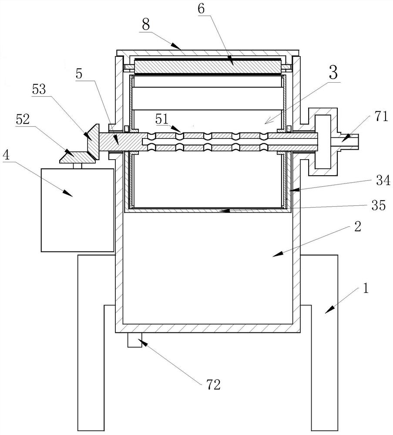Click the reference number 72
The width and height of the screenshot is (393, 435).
pyautogui.click(x=213, y=385)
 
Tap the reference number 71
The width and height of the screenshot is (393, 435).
pyautogui.click(x=381, y=116)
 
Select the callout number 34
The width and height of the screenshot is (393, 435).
pyautogui.click(x=383, y=181)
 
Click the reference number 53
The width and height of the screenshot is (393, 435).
pyautogui.click(x=39, y=89)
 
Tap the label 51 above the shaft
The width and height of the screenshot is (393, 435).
pyautogui.click(x=162, y=119)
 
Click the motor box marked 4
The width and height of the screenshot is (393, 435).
pyautogui.click(x=77, y=210)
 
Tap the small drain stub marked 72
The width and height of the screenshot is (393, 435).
pyautogui.click(x=134, y=340)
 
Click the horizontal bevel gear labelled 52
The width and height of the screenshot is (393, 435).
pyautogui.click(x=78, y=157)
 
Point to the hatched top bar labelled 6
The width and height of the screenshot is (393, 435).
pyautogui.click(x=208, y=67)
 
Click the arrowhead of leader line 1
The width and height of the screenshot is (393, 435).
pyautogui.click(x=329, y=310)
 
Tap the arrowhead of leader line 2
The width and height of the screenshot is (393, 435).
pyautogui.click(x=277, y=254)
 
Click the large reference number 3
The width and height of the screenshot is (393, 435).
pyautogui.click(x=333, y=72)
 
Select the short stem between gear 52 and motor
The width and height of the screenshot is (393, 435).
pyautogui.click(x=77, y=166)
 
